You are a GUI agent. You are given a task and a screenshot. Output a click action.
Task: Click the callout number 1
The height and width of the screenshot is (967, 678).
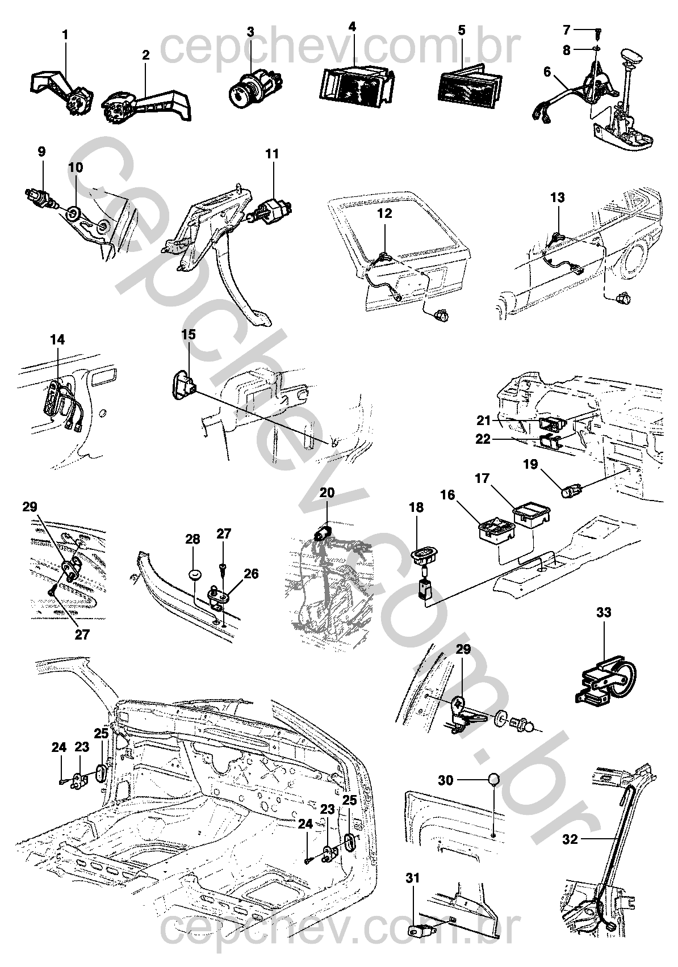point(65,35)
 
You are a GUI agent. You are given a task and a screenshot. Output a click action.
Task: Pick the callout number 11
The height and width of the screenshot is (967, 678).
point(273,153)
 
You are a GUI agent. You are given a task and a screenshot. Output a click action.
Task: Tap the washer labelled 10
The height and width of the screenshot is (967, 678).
point(73,215)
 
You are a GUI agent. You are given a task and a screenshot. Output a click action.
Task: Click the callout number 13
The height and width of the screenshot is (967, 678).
point(558,198)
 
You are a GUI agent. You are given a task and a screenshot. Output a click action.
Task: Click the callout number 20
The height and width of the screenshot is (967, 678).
point(328,492)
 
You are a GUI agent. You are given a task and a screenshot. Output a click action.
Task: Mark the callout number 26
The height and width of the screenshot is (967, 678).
point(251,574)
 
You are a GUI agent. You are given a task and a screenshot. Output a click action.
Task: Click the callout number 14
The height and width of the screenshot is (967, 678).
point(57,340)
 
